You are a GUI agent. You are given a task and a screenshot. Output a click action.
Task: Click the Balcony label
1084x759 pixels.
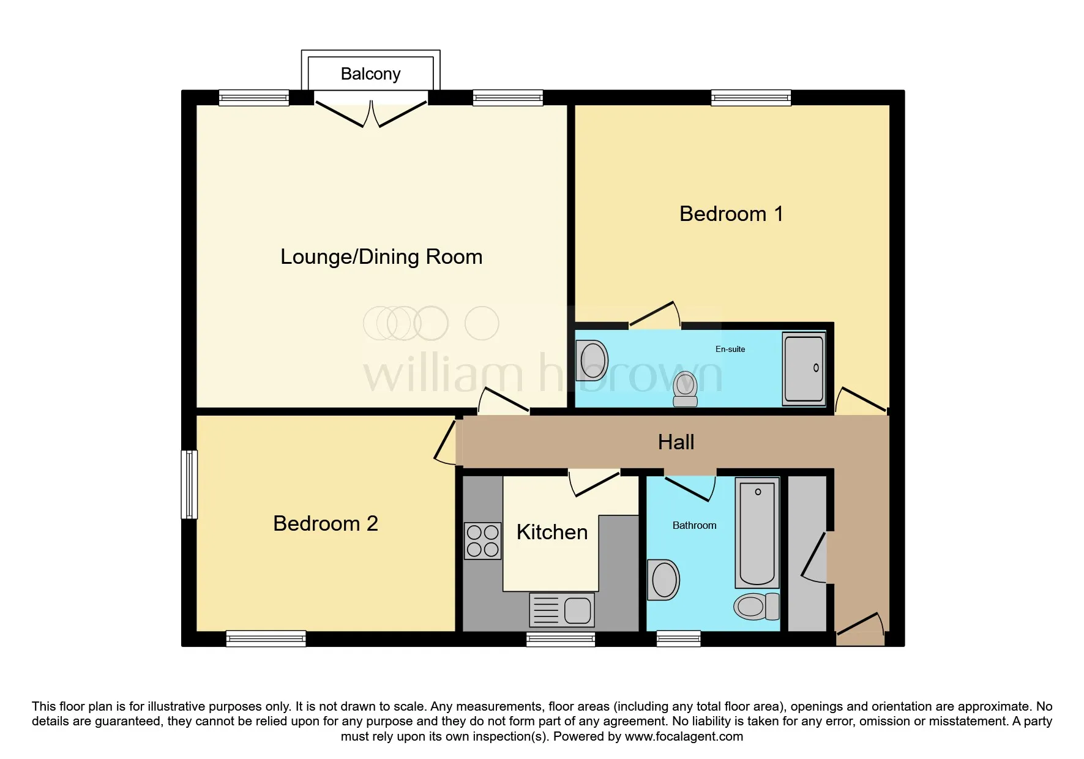click(370, 74)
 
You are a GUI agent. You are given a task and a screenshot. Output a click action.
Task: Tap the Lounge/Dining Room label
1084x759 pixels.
click(381, 257)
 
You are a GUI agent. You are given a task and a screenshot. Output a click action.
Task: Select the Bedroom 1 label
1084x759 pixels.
click(731, 214)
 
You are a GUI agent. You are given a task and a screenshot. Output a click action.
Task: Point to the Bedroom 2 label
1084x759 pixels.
click(326, 523)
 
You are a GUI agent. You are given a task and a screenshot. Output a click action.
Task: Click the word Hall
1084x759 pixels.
click(676, 442)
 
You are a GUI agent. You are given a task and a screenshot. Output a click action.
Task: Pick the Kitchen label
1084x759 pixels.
click(552, 532)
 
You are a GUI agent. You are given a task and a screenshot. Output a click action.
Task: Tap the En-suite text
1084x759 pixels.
click(730, 349)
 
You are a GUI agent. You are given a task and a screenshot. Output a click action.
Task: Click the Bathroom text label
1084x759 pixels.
click(694, 525)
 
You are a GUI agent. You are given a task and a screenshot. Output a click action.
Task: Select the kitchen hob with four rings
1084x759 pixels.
click(483, 541)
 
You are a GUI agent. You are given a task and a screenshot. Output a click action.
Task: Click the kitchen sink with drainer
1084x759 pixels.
click(562, 610)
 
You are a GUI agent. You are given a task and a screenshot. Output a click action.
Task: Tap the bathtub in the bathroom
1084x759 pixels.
click(757, 533)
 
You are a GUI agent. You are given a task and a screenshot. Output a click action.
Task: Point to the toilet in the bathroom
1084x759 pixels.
click(757, 607)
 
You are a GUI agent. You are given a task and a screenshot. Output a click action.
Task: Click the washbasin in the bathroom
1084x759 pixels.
click(663, 579)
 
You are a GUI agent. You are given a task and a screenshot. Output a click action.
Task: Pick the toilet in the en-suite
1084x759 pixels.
click(686, 389)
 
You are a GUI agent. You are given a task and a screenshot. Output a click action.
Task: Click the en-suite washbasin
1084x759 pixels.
click(592, 360)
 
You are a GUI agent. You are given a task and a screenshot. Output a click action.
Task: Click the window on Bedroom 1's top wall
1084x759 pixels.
click(751, 98)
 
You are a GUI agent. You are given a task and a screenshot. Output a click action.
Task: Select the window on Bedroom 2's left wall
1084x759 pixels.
click(189, 485)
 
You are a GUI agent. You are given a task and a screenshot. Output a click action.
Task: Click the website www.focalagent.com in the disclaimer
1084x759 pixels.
click(684, 736)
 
